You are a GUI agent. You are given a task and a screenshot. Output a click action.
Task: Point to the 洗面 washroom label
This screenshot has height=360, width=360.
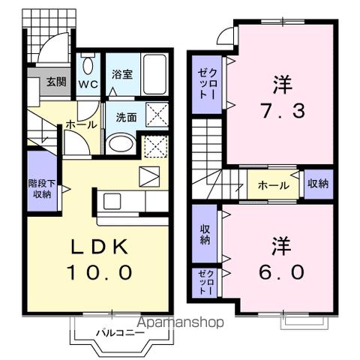coord(124,117)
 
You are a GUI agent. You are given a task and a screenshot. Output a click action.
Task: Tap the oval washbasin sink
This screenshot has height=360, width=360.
coord(119,142)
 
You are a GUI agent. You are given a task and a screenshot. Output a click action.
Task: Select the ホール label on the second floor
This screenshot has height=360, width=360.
coord(271,184)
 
